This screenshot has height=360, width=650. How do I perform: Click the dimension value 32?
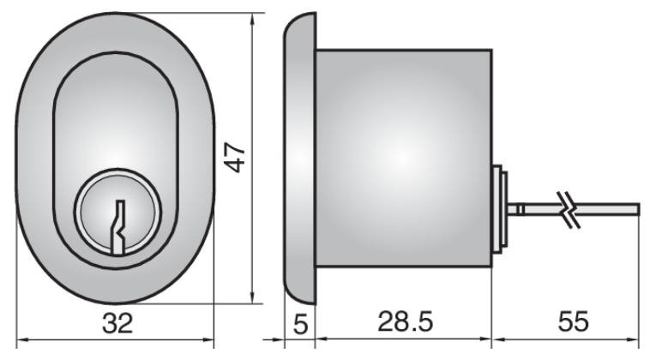pos(117,323)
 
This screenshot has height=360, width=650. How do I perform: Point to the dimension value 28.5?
pos(404,323)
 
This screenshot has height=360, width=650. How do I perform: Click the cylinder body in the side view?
pos(403,154)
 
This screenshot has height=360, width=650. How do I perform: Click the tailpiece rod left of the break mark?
pos(536,207)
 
